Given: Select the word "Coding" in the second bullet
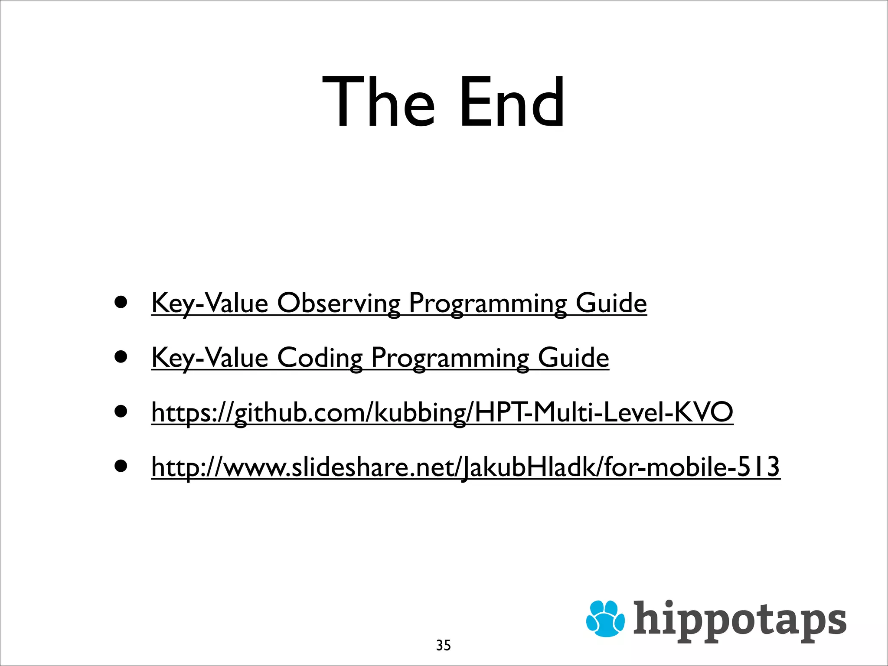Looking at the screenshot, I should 320,358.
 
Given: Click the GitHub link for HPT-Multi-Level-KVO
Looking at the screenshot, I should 442,412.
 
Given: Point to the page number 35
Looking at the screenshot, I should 443,645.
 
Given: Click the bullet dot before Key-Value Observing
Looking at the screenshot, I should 121,302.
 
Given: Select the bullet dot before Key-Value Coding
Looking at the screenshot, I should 121,356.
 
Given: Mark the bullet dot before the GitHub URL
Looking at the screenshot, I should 121,411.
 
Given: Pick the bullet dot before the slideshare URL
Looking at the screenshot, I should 121,466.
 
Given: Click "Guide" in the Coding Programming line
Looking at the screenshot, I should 573,358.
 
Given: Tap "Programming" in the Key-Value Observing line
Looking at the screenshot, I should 488,304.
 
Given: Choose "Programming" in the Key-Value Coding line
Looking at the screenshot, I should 450,359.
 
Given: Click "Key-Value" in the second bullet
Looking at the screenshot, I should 210,358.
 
